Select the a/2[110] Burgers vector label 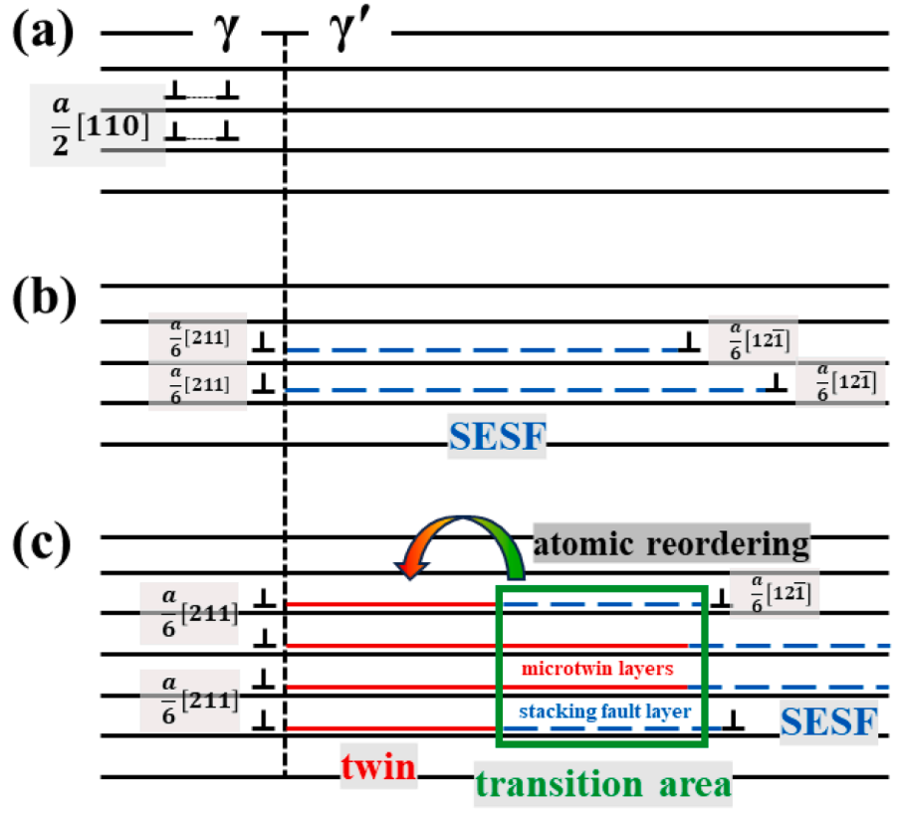pos(97,124)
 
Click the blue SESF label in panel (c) pos(828,720)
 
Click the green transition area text pos(601,782)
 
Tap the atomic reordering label pos(671,544)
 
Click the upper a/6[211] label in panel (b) pos(197,336)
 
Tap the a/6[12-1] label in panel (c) pos(775,595)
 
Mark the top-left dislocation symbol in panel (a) pos(175,92)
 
